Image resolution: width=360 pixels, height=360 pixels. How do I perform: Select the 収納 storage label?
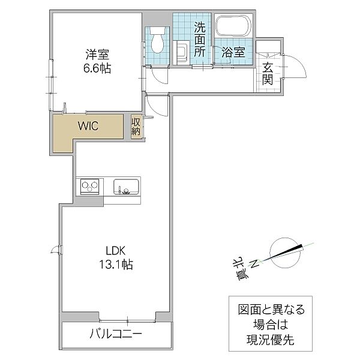pyautogui.click(x=136, y=126)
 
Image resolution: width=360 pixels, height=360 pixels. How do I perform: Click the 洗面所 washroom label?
pyautogui.click(x=200, y=38)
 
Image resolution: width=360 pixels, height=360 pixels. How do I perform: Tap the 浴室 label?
pyautogui.click(x=232, y=52)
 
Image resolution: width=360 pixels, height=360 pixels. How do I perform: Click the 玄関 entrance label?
pyautogui.click(x=268, y=67)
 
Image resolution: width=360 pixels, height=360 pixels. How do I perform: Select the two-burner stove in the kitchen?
pyautogui.click(x=91, y=187)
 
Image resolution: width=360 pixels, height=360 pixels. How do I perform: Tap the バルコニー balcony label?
pyautogui.click(x=116, y=334)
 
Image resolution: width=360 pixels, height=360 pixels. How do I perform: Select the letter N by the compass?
pyautogui.click(x=254, y=262)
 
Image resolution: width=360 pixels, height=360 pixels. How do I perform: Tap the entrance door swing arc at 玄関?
pyautogui.click(x=296, y=66)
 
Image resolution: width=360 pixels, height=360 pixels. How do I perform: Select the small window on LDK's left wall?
pyautogui.click(x=57, y=250)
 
